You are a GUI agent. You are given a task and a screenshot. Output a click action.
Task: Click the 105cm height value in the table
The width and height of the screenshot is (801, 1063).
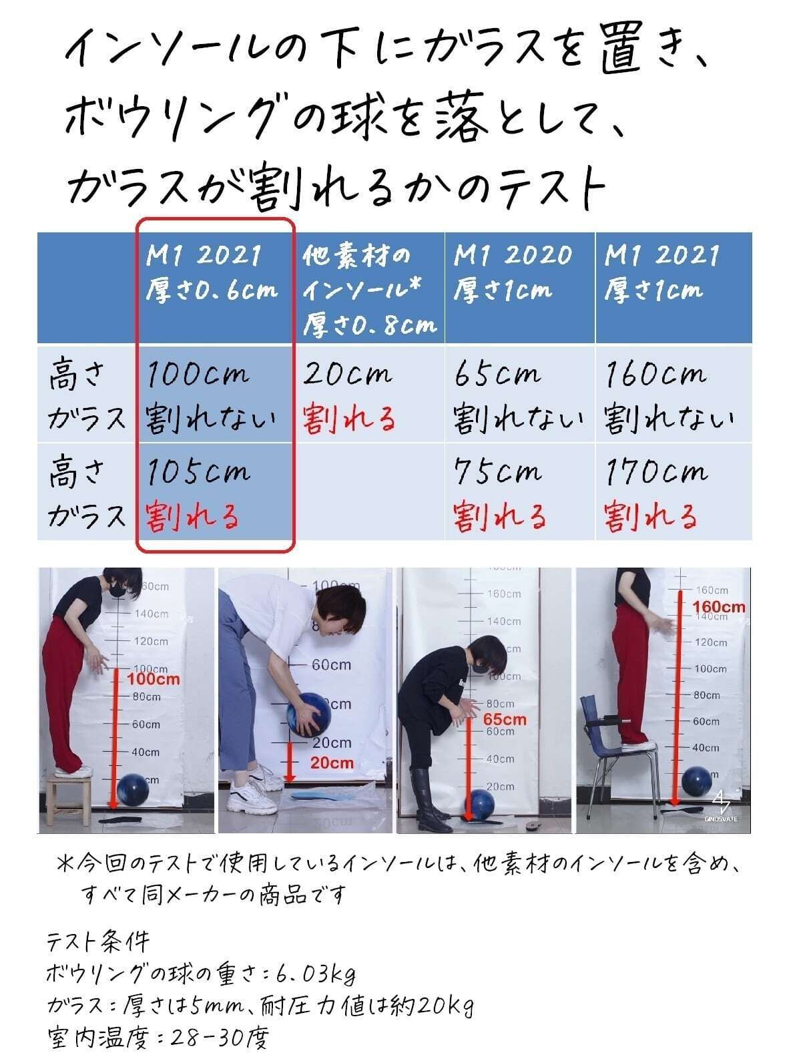click(198, 471)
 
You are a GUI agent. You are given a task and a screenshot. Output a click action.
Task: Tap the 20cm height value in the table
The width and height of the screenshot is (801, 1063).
click(347, 373)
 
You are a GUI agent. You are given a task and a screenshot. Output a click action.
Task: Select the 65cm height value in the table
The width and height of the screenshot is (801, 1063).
click(497, 374)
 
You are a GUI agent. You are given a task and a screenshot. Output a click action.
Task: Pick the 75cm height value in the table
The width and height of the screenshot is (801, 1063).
click(497, 471)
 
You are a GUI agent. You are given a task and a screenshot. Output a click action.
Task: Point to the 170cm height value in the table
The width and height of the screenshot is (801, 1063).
click(656, 471)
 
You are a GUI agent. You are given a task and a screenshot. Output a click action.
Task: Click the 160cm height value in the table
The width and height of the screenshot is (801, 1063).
click(655, 374)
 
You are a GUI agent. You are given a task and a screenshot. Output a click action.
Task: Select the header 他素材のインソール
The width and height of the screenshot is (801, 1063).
click(370, 290)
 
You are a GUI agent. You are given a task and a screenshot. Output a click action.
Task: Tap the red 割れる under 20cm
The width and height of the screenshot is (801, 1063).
click(349, 419)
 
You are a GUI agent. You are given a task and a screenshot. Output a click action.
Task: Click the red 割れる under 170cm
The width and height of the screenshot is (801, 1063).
click(651, 516)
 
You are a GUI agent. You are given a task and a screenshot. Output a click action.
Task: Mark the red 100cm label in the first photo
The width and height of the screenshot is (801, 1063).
click(154, 679)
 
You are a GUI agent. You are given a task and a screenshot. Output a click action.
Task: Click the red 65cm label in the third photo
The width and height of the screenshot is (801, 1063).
click(505, 719)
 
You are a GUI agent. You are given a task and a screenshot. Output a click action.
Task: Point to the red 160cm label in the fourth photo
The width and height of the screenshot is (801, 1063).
click(719, 607)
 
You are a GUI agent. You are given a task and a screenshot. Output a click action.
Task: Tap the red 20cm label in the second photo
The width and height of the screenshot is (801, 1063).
click(332, 763)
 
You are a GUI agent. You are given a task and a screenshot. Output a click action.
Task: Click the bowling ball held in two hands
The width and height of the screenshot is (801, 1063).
click(308, 715)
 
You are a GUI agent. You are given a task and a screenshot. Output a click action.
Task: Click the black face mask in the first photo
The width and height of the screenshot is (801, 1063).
click(116, 589)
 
